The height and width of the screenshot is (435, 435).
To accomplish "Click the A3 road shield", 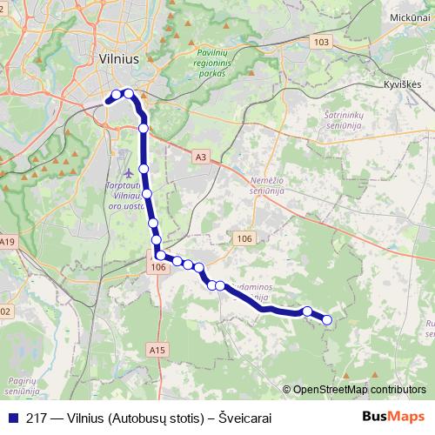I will coord(202,157).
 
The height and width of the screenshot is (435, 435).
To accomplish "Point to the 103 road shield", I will coord(322,42).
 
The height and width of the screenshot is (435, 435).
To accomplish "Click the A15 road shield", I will coord(157,350).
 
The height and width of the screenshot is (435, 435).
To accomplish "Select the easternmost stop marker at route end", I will coord(328,320).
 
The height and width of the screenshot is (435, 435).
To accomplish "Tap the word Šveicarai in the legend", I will coord(245,418).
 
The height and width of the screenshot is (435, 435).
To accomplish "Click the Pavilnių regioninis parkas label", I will coord(211,63).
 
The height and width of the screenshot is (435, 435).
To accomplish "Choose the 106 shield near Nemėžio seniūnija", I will coord(244,237).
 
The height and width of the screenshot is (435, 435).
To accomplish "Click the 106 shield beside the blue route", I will coord(157,268).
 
